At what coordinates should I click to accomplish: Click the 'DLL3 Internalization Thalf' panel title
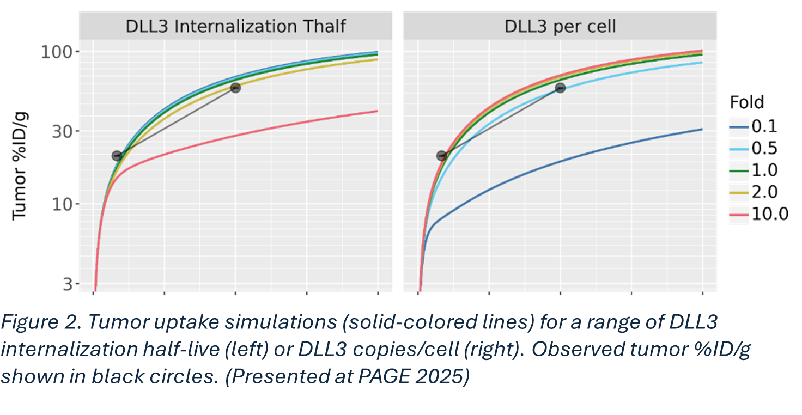pyautogui.click(x=235, y=26)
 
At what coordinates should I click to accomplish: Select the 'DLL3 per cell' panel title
pyautogui.click(x=560, y=26)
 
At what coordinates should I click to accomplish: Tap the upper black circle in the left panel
pyautogui.click(x=235, y=88)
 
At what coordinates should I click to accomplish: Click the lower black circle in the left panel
pyautogui.click(x=117, y=156)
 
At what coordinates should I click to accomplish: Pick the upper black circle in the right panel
pyautogui.click(x=560, y=88)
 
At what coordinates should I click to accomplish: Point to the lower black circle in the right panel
pyautogui.click(x=442, y=156)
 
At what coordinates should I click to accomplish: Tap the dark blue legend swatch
pyautogui.click(x=740, y=127)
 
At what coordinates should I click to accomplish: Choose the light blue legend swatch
pyautogui.click(x=740, y=149)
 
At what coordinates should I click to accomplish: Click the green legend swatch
pyautogui.click(x=740, y=171)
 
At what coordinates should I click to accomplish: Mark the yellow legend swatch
pyautogui.click(x=740, y=193)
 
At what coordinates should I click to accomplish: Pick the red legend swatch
pyautogui.click(x=740, y=215)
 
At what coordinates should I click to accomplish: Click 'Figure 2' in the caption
pyautogui.click(x=38, y=323)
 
